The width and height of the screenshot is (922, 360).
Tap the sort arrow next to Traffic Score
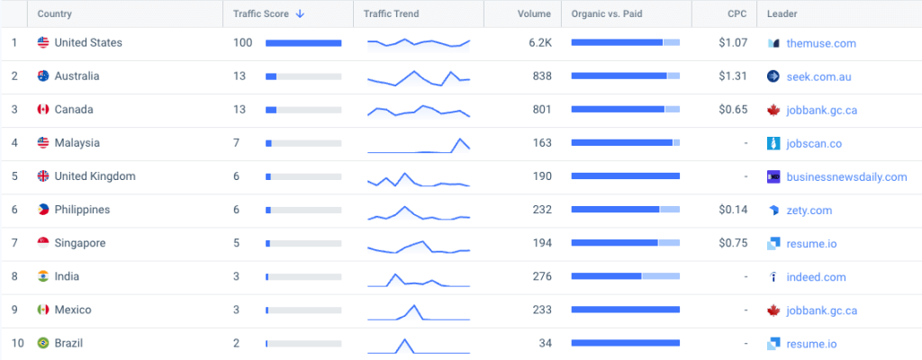click(299, 14)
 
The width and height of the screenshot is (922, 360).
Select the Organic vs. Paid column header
click(605, 14)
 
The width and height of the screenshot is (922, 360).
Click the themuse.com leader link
click(821, 43)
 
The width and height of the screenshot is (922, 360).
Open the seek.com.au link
click(818, 76)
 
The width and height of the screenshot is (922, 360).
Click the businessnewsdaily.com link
click(846, 176)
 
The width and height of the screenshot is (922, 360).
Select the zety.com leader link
click(809, 210)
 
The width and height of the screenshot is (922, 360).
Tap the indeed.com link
click(816, 277)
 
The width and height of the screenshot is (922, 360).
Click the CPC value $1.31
click(734, 76)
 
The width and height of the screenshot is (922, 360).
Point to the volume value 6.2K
click(540, 43)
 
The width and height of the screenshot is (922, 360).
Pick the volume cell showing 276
click(542, 277)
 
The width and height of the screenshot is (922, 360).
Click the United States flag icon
click(42, 43)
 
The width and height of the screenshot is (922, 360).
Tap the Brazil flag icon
click(42, 343)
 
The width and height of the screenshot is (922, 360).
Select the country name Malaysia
click(77, 143)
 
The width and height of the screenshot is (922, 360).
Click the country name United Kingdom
click(95, 176)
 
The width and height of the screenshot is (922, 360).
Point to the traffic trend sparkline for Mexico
click(418, 311)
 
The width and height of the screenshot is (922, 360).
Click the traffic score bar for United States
click(303, 43)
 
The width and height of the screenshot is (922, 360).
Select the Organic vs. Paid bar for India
click(625, 277)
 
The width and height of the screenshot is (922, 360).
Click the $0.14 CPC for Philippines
click(734, 210)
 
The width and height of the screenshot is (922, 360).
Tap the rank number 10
click(14, 343)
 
